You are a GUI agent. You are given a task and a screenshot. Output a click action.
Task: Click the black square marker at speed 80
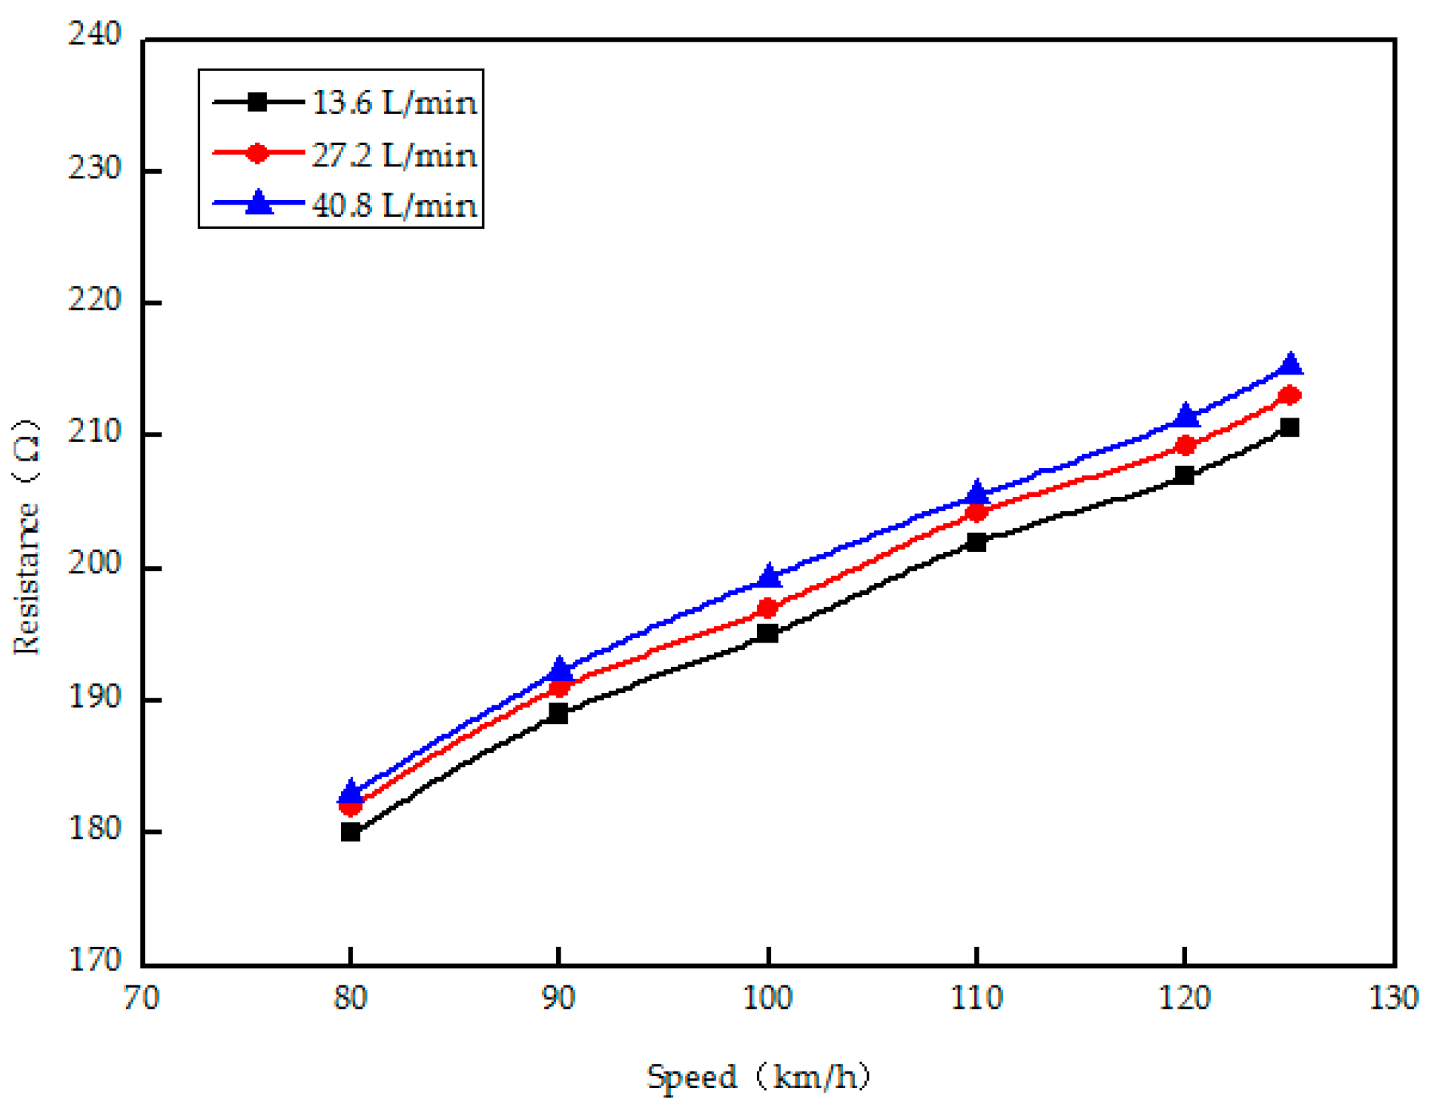point(350,832)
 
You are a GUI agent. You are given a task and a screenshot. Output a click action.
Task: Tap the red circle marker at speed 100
point(767,608)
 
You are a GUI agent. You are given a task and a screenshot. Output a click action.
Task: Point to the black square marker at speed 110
point(976,541)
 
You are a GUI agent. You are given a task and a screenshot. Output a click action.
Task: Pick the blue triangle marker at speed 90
point(559,669)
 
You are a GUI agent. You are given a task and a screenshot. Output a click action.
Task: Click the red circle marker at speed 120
point(1185,446)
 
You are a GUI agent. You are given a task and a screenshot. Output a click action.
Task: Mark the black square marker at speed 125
point(1290,427)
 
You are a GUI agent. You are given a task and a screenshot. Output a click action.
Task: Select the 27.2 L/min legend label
point(393,155)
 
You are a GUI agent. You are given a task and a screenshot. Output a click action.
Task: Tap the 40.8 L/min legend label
point(393,205)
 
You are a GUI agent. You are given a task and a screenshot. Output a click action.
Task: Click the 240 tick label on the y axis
point(94,34)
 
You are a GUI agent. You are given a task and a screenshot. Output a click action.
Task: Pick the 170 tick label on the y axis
point(94,960)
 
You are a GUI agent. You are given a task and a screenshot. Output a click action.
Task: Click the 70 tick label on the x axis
point(141,998)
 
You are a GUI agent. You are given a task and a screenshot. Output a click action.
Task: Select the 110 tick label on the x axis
point(976,998)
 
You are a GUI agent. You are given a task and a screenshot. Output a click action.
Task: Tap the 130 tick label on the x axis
point(1393,998)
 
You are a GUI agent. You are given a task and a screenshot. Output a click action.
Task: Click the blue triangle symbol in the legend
point(259,203)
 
